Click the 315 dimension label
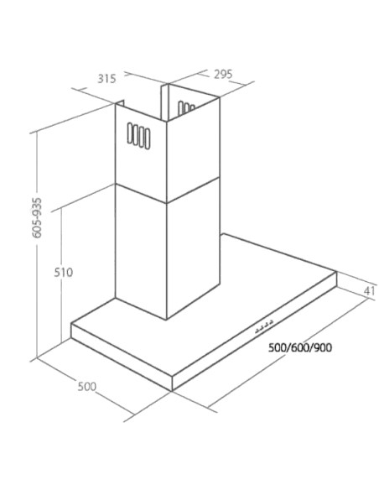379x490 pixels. pos(106,79)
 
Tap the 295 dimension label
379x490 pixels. pos(223,74)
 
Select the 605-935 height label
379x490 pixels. pos(37,218)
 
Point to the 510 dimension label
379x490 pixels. pos(64,272)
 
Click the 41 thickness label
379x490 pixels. pos(369,291)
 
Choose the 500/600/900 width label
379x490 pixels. pos(300,347)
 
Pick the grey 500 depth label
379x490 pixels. pos(87,387)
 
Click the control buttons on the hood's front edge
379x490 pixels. pos(264,326)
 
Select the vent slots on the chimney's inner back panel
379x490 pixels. pos(186,107)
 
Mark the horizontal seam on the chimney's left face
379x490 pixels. pos(141,193)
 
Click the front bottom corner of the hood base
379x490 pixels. pos(172,391)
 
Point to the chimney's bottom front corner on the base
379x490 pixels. pos(166,320)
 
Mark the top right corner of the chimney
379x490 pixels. pos(220,98)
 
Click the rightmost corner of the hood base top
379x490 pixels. pos(336,272)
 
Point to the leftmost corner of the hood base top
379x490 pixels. pos(71,323)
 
